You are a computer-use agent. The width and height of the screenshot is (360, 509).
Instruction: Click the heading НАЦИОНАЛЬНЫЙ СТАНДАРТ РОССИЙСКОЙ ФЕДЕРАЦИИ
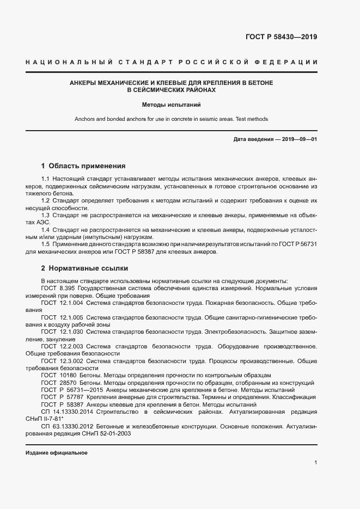[172, 63]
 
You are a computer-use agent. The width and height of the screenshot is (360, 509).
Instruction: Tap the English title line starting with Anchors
[171, 119]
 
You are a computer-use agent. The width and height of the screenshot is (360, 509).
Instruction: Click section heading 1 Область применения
[83, 165]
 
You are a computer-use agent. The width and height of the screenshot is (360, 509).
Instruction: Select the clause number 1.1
[46, 179]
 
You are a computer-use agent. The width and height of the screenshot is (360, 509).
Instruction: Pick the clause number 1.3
[46, 216]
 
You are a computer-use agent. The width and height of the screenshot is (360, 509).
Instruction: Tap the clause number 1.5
[46, 244]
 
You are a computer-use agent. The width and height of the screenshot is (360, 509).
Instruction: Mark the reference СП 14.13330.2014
[66, 412]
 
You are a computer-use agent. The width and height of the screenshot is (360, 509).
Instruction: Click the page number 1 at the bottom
[315, 463]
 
